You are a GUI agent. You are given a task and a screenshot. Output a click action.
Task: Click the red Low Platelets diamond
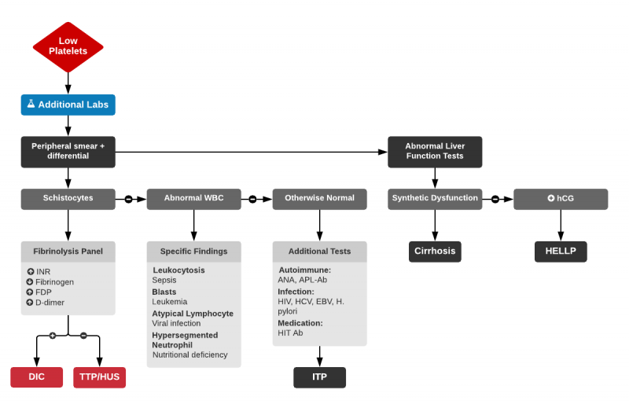68,46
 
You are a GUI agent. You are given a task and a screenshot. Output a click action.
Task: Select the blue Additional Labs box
68,105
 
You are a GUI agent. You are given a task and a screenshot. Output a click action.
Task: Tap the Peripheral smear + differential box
68,151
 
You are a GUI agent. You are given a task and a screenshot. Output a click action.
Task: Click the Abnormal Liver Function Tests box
434,151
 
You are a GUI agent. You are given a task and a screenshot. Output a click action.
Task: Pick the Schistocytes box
68,198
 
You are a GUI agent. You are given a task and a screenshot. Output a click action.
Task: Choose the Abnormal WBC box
193,198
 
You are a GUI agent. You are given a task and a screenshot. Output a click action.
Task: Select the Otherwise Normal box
319,198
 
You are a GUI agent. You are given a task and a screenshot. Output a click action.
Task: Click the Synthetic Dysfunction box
434,198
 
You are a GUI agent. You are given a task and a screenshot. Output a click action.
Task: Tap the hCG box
560,198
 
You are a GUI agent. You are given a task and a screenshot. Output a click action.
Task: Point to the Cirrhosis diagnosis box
434,252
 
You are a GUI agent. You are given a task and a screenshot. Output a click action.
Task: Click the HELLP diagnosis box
560,252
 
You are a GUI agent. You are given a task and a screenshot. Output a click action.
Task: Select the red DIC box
36,377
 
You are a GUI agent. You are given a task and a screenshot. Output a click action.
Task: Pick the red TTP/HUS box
99,377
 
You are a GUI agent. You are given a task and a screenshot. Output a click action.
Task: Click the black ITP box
319,377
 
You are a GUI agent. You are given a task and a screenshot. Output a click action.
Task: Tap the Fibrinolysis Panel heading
68,252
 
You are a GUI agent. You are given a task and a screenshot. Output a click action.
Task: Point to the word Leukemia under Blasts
170,302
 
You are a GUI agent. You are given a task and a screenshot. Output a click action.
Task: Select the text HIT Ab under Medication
291,333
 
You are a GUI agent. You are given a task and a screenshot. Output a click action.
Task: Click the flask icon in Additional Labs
31,104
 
